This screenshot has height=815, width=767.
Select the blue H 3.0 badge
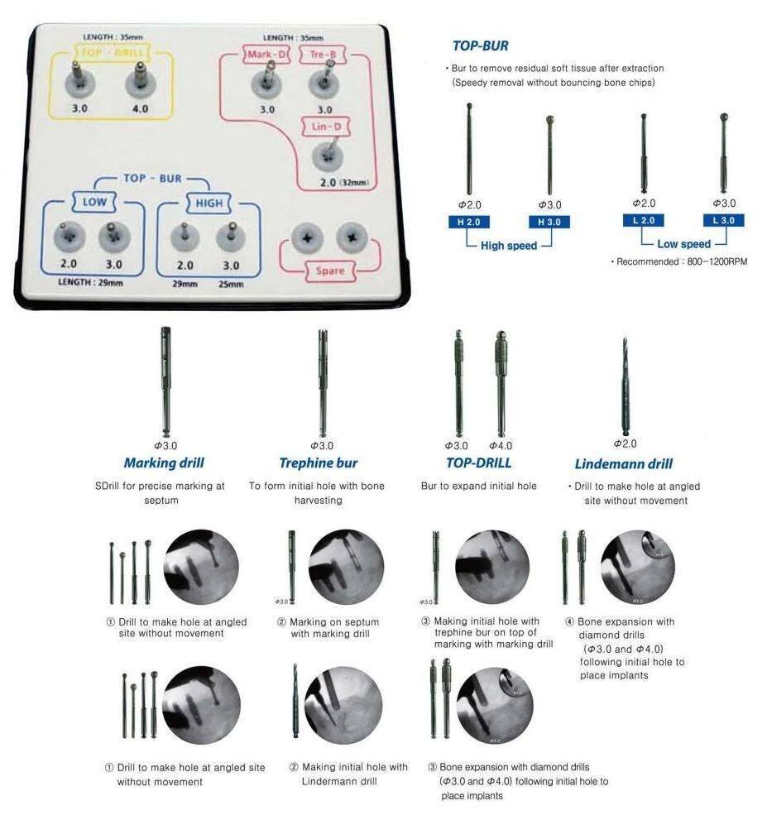pos(549,222)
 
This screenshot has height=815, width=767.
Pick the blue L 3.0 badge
pos(723,220)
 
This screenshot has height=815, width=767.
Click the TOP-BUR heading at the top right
pos(480,46)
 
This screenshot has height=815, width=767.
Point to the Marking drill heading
pos(164,463)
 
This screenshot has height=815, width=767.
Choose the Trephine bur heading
pos(319,463)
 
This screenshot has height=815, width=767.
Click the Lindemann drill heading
pos(623,464)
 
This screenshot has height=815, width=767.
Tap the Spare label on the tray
pos(329,271)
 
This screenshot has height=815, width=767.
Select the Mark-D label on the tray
pos(266,55)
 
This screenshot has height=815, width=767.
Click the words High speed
pos(508,246)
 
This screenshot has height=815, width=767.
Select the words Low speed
pos(683,244)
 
